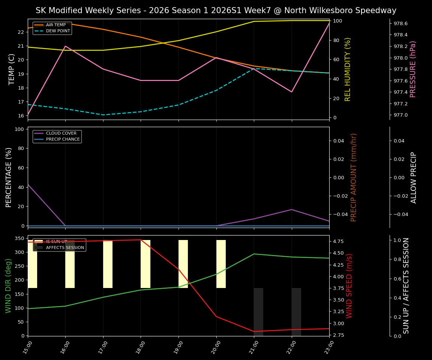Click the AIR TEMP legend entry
pos(55,25)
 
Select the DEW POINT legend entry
pos(58,31)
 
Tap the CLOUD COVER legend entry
pos(61,133)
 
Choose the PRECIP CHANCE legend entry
pos(63,139)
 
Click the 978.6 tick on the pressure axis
pos(400,23)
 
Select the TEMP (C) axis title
pos(12,69)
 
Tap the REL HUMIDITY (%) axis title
pos(348,69)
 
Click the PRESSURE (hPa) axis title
pos(413,69)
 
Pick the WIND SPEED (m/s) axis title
pos(349,286)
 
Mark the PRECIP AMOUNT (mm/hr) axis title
pos(354,177)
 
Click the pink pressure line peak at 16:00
pos(65,46)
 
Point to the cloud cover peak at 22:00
pos(291,209)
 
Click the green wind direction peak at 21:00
pos(254,254)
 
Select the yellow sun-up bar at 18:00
pos(145,264)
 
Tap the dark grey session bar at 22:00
pos(296,311)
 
